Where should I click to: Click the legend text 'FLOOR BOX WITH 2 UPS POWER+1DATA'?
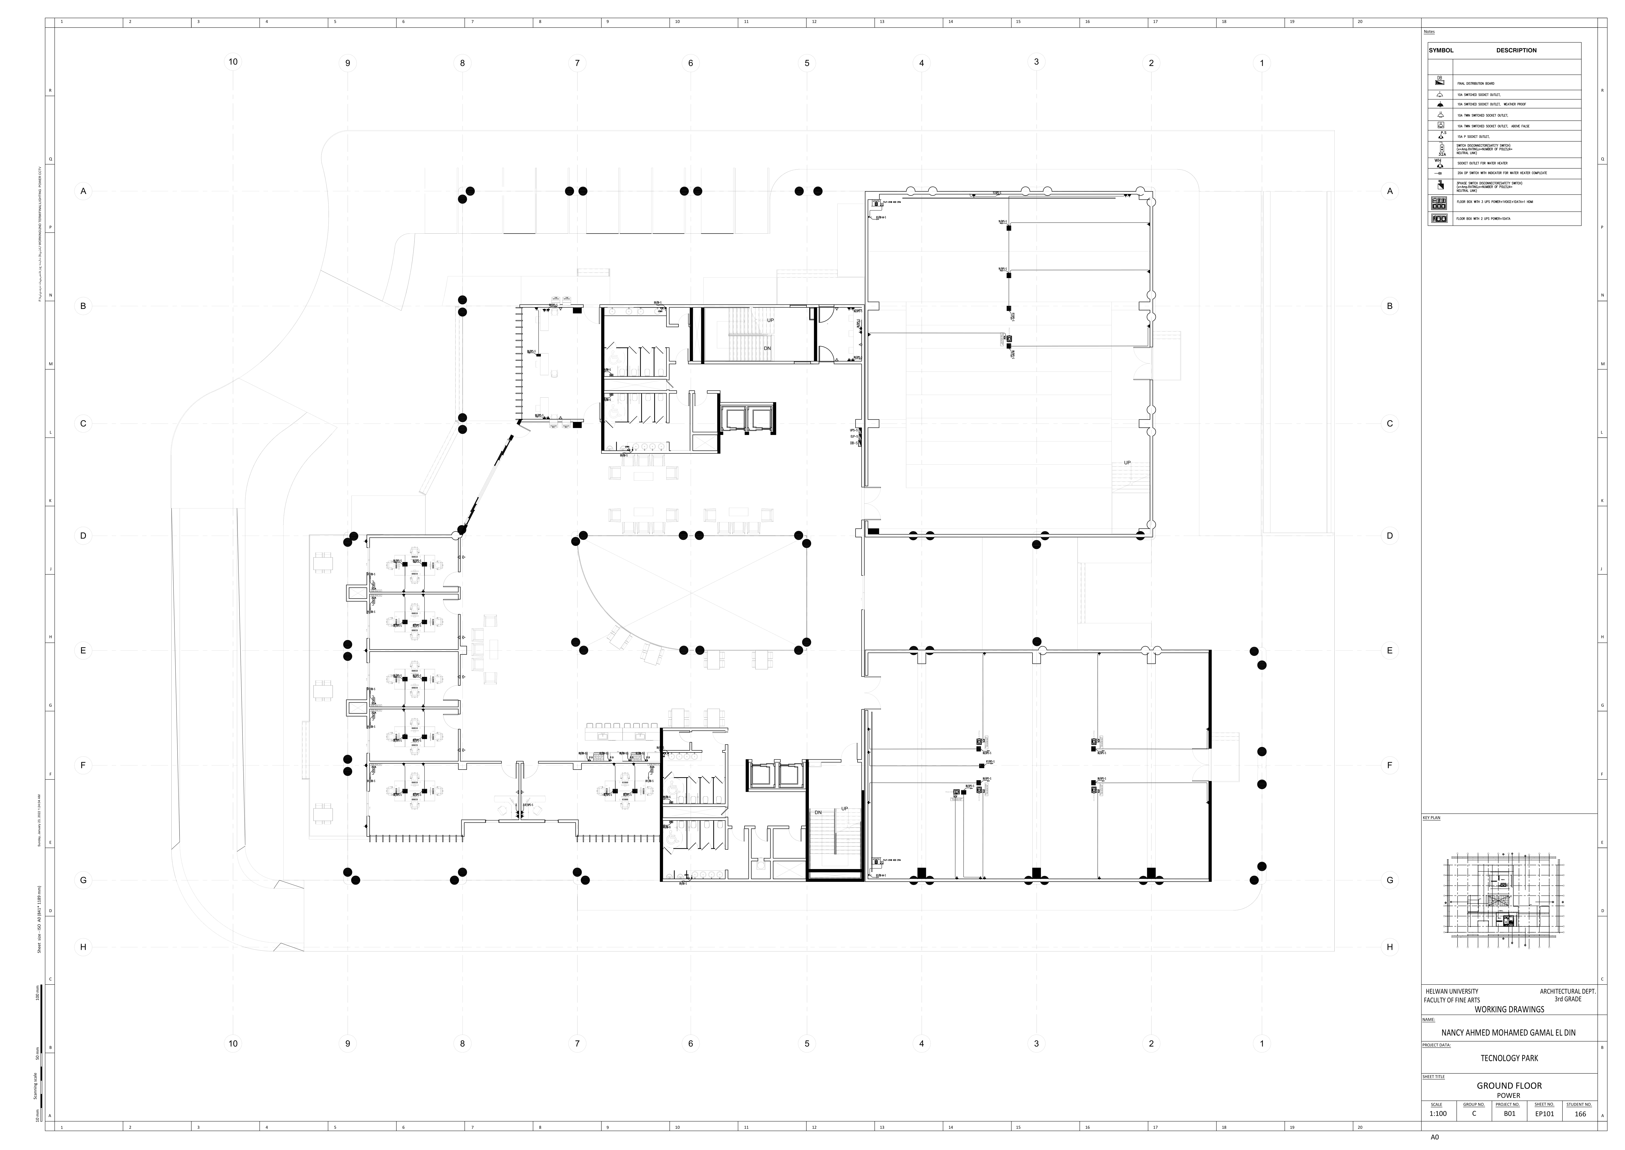point(1483,219)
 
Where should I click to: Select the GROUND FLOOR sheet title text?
point(1509,1086)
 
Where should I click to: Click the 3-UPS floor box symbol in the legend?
point(1439,202)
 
